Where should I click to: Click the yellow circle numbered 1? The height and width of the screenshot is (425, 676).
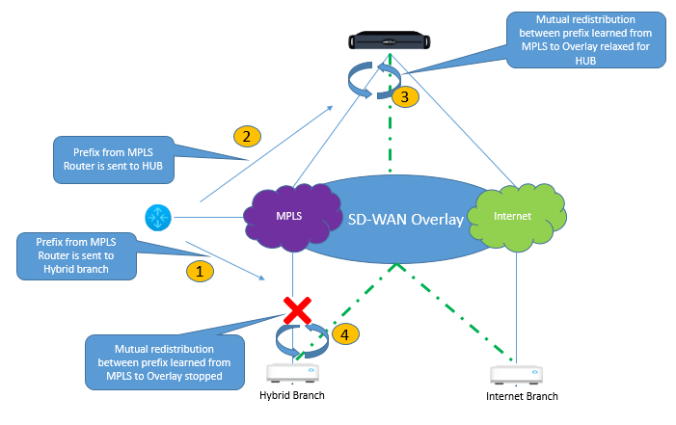(199, 272)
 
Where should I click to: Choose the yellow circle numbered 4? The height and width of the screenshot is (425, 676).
(345, 333)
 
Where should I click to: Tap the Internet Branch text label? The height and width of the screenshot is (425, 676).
(522, 395)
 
